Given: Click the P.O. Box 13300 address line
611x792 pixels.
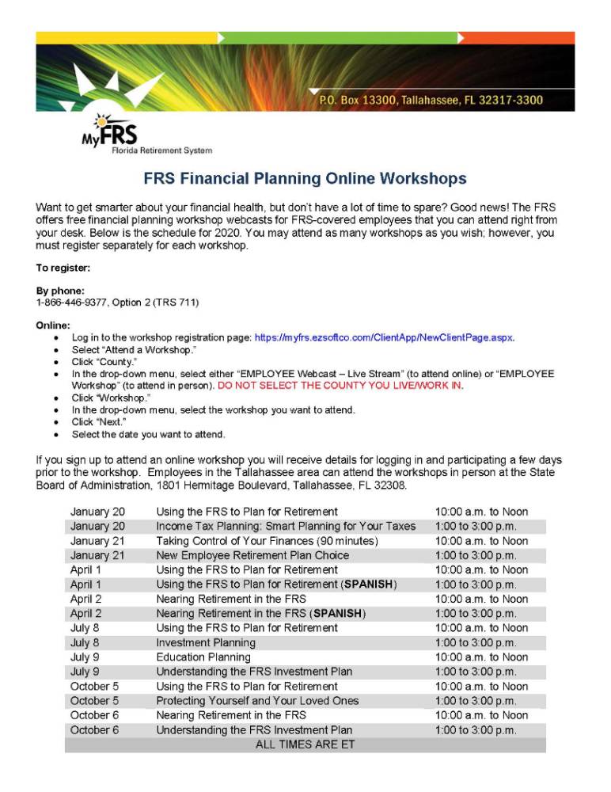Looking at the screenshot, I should (x=430, y=101).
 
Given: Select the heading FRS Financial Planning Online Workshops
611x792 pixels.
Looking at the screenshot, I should (x=305, y=179).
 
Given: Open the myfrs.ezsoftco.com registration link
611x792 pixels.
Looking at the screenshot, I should (x=384, y=337).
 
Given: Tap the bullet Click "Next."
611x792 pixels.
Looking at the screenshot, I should (x=99, y=422).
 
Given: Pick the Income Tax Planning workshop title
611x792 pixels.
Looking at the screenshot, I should (x=285, y=526).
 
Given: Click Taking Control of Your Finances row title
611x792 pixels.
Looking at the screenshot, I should (x=267, y=541).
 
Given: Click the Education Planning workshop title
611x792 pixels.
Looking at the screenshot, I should (x=203, y=657).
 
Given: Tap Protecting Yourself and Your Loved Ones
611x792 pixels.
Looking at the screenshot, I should (x=257, y=701).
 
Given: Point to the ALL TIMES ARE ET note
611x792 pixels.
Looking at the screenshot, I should (x=305, y=744).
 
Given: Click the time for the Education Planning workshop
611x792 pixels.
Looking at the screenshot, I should (x=481, y=657).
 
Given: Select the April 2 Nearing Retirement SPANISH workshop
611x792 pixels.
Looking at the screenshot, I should (x=260, y=613).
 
